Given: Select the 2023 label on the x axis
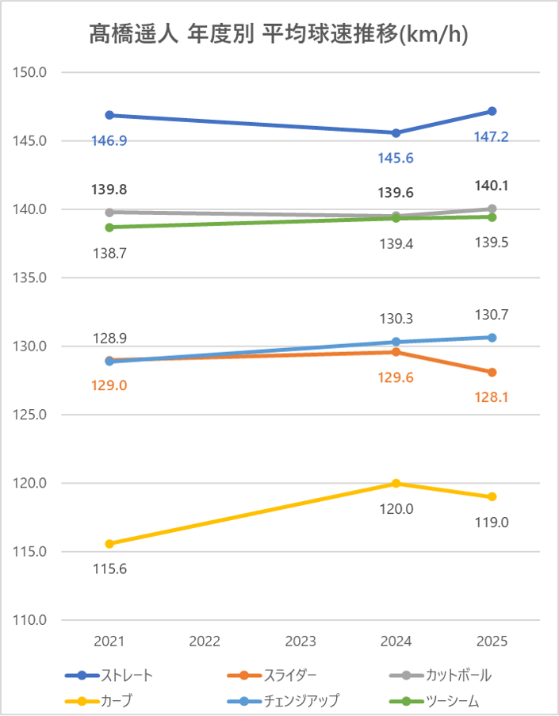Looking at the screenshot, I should tap(301, 641).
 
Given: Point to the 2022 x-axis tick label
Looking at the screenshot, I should tap(205, 641).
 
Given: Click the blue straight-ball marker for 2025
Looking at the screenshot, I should tap(492, 111).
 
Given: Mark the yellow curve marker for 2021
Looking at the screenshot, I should tap(109, 544).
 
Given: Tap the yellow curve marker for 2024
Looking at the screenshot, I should tap(396, 484).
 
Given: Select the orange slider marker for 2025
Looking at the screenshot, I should tap(492, 372).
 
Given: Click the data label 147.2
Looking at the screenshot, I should tap(492, 137).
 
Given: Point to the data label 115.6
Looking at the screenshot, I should tap(109, 569).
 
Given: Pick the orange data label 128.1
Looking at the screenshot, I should tap(492, 397).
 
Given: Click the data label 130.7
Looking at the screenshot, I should tap(492, 315).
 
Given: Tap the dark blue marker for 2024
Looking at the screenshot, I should tap(396, 132).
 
